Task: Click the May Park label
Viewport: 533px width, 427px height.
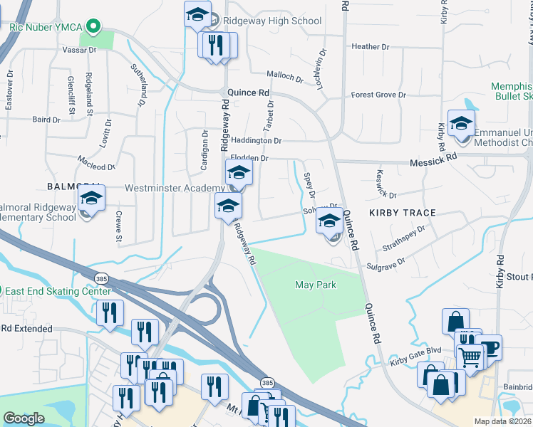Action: tap(315, 285)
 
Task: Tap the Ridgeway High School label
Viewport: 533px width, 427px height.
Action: tap(273, 21)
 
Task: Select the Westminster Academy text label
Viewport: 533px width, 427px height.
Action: tap(175, 188)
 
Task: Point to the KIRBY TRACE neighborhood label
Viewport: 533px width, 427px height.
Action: tap(403, 213)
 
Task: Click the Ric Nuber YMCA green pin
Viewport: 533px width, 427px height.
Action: tap(92, 28)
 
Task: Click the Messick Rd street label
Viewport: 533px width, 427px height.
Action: tap(434, 163)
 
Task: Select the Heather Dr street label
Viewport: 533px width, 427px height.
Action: tap(371, 47)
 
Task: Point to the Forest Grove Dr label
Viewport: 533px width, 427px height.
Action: tap(378, 95)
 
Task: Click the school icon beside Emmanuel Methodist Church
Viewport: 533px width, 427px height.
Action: tap(461, 123)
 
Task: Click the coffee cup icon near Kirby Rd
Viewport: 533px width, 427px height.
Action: tap(490, 347)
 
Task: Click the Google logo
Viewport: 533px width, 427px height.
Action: tap(24, 418)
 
